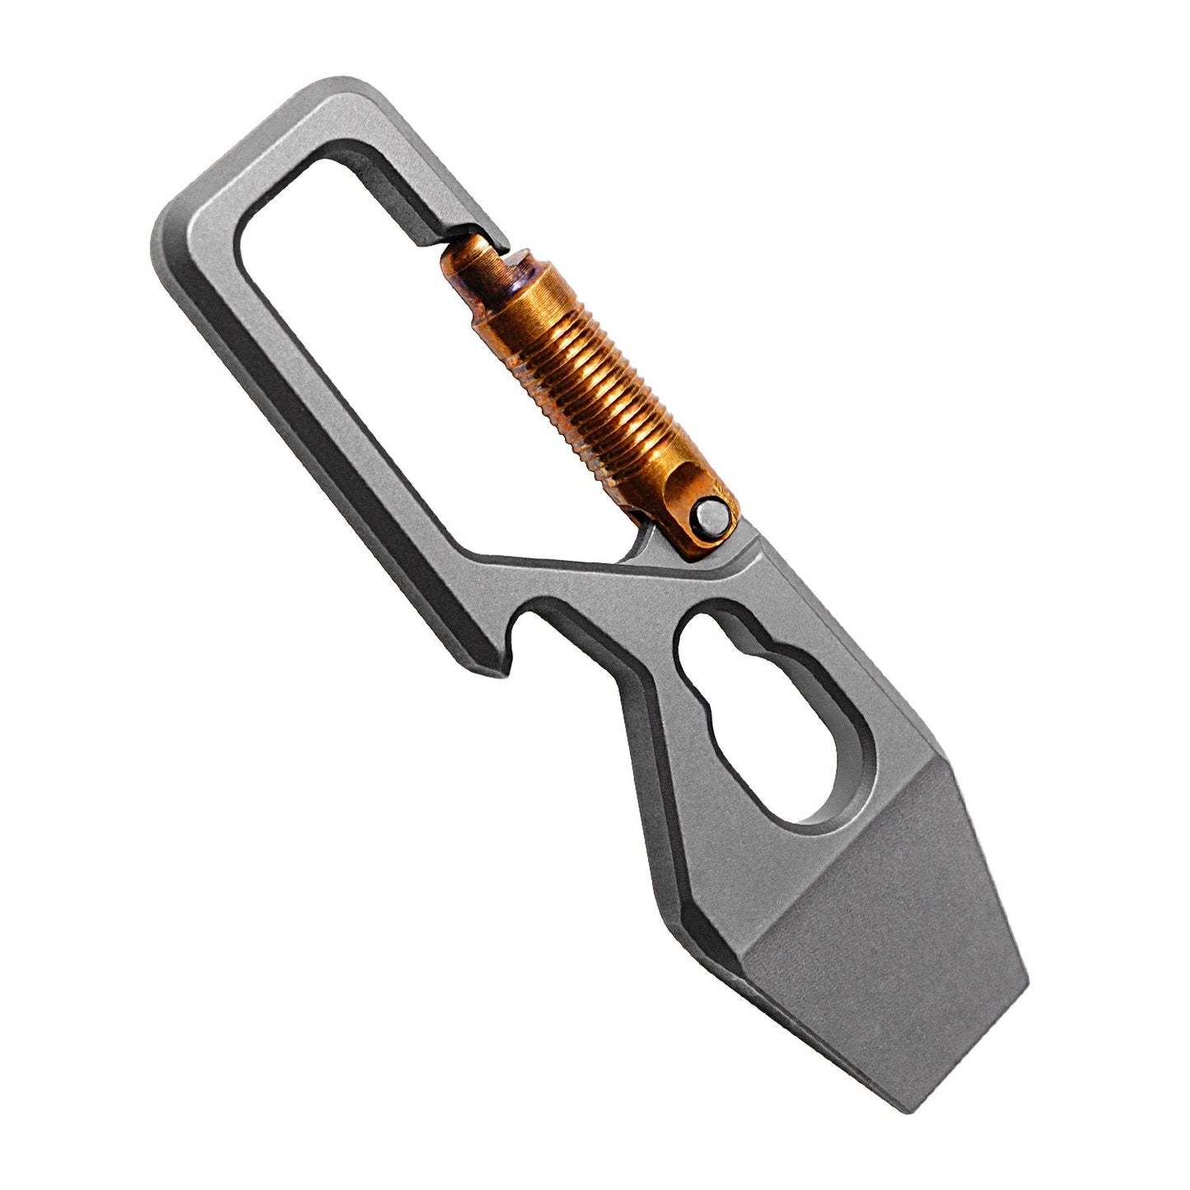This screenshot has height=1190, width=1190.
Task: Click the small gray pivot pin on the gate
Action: coord(710,520)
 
